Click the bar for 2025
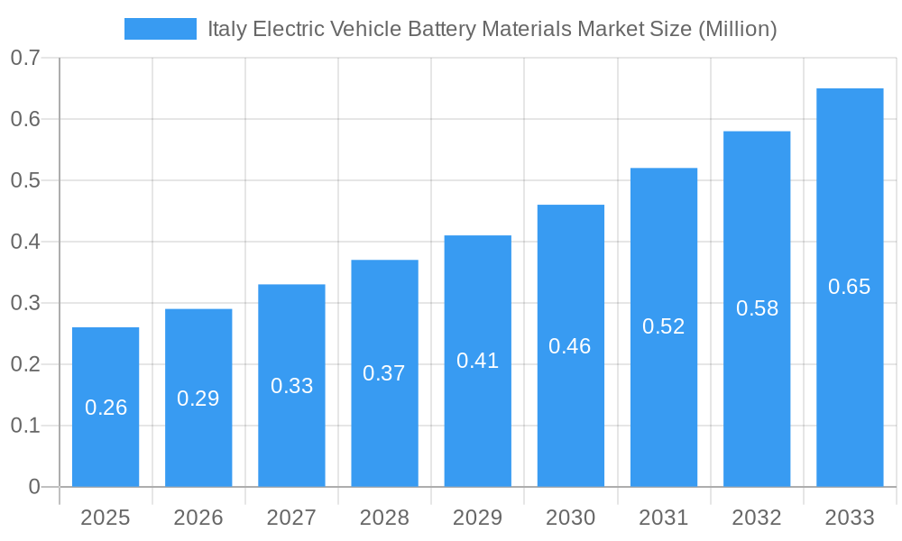106,407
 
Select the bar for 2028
384,373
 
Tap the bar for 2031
664,327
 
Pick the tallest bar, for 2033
850,287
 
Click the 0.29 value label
198,399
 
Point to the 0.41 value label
477,361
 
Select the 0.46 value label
570,346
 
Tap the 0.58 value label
757,308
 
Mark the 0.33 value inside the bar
291,386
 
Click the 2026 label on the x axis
198,518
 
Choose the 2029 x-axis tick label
477,518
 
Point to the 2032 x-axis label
757,518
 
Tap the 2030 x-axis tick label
570,518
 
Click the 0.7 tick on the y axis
25,58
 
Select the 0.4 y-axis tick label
25,242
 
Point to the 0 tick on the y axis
34,487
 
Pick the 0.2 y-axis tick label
25,364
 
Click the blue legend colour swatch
160,29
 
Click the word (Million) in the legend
738,29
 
